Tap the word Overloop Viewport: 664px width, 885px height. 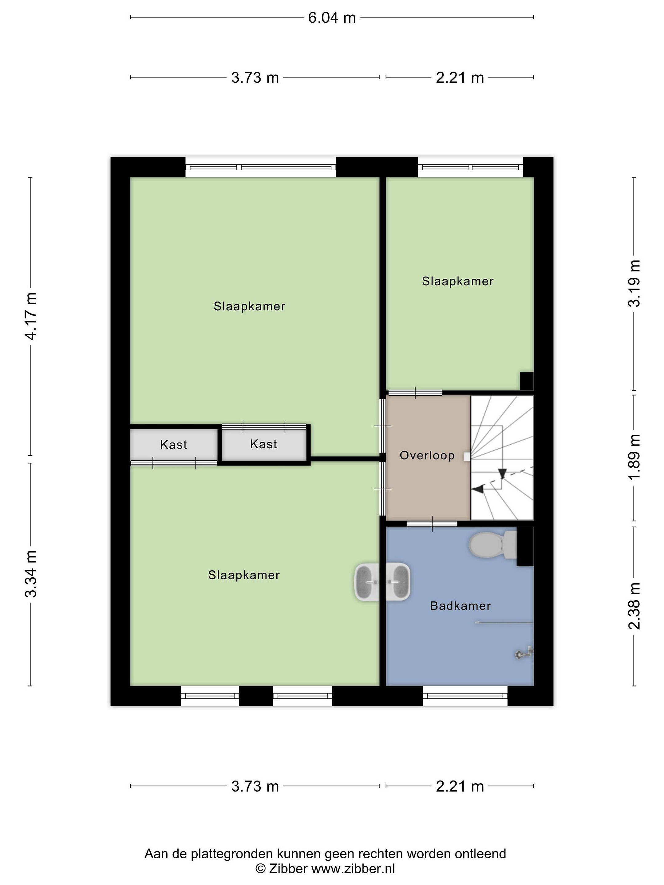(427, 456)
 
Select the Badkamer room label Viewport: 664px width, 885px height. (460, 606)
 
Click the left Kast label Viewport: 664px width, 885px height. (174, 445)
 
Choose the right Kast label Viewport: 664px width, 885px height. (264, 444)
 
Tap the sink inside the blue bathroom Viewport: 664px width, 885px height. (398, 582)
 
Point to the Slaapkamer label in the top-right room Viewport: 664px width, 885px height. (458, 281)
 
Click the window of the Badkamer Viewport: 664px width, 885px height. (465, 696)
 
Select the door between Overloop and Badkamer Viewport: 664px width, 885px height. (432, 524)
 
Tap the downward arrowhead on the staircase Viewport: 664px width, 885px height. (503, 474)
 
